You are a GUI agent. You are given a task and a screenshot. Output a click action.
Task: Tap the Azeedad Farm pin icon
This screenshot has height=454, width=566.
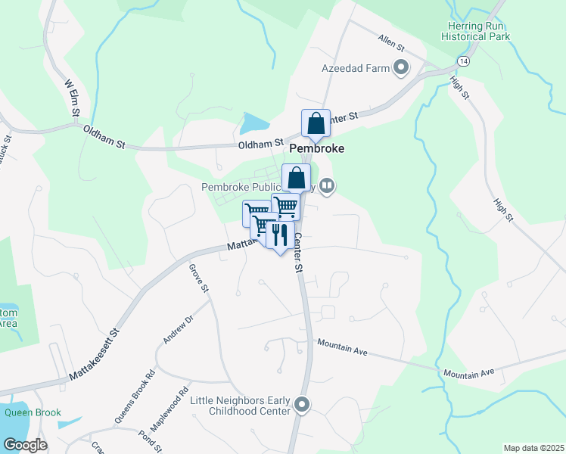tap(401, 69)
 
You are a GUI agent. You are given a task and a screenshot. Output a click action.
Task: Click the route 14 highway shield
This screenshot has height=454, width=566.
tap(462, 60)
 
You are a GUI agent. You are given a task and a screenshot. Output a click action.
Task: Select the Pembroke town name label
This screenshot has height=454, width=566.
tap(316, 149)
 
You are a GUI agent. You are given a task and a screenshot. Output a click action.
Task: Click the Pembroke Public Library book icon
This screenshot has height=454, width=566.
tap(327, 185)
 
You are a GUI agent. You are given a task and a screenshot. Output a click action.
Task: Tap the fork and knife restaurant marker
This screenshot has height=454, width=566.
tap(280, 235)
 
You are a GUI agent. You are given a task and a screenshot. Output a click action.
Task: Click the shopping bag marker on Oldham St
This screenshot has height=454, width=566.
tap(316, 124)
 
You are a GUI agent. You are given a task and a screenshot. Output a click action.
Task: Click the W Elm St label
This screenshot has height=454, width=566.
tap(73, 98)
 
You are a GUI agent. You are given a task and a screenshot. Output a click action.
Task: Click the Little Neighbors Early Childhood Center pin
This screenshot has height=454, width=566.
tap(303, 406)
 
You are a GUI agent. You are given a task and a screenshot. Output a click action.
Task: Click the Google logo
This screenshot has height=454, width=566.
tap(25, 444)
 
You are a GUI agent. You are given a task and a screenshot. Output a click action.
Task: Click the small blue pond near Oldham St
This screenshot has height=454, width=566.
tap(254, 123)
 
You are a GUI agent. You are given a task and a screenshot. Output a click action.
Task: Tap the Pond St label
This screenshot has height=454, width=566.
tap(151, 443)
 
